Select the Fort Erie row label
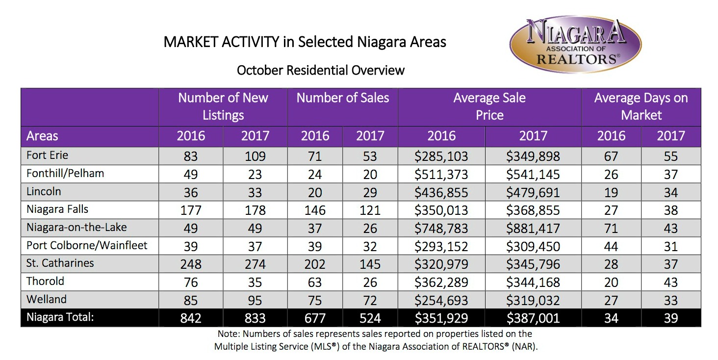[x=48, y=155]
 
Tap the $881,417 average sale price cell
[x=533, y=228]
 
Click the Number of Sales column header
[x=342, y=98]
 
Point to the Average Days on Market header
[x=641, y=106]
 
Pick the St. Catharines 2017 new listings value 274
[x=255, y=264]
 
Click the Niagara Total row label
[x=60, y=317]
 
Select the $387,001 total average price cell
[x=533, y=318]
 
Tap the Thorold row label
[x=46, y=282]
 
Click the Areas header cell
[x=43, y=136]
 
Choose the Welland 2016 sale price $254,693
[x=441, y=300]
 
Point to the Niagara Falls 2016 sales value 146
[x=314, y=210]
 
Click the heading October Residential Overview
[x=321, y=70]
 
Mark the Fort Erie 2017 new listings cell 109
[x=255, y=156]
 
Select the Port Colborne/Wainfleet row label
[x=87, y=245]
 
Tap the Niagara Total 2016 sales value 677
[x=314, y=318]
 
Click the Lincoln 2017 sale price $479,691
[x=533, y=193]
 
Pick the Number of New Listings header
[x=223, y=106]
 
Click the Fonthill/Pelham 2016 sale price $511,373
[x=441, y=174]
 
